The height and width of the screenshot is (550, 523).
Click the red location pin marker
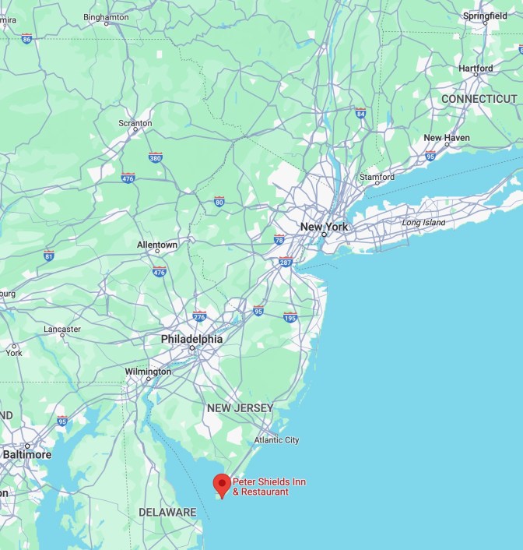(x=222, y=485)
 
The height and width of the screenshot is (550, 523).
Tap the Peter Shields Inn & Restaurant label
(x=269, y=487)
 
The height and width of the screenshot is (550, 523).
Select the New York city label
(x=324, y=227)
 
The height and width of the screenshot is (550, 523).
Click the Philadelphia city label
(x=191, y=340)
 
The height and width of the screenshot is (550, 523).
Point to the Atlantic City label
(x=276, y=440)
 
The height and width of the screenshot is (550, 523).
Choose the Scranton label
(x=135, y=123)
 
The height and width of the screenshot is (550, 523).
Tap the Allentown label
(x=157, y=245)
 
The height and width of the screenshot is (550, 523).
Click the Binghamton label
(x=106, y=16)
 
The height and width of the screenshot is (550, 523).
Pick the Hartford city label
(x=476, y=69)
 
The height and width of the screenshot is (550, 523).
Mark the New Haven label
(x=447, y=138)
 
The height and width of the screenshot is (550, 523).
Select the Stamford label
(x=377, y=177)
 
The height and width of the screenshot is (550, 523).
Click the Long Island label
(x=424, y=223)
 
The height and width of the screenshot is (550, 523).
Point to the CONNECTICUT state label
(x=479, y=99)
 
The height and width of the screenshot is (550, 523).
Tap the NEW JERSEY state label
(x=240, y=408)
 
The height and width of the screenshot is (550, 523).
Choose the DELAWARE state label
(x=167, y=512)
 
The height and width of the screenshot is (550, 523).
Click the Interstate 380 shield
(x=156, y=157)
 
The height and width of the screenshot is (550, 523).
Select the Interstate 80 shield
(x=219, y=201)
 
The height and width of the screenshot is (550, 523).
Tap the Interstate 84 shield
(x=360, y=113)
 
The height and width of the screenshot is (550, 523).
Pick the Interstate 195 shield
(x=290, y=316)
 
